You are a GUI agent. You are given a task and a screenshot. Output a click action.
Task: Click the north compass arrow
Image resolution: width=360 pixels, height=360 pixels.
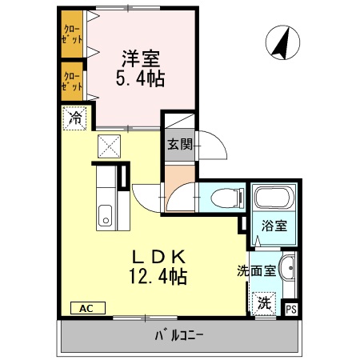(281, 43)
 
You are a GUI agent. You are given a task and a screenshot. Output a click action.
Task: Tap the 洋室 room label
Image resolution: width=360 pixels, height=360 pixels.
(141, 58)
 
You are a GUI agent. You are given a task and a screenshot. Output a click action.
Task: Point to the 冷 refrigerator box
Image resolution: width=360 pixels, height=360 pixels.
(74, 118)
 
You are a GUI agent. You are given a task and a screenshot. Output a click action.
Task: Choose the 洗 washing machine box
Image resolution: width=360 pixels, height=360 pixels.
(263, 303)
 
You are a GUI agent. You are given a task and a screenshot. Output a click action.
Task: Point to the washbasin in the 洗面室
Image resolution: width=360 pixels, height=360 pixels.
(290, 270)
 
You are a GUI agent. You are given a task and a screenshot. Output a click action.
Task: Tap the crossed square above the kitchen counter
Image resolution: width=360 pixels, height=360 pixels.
(108, 146)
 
